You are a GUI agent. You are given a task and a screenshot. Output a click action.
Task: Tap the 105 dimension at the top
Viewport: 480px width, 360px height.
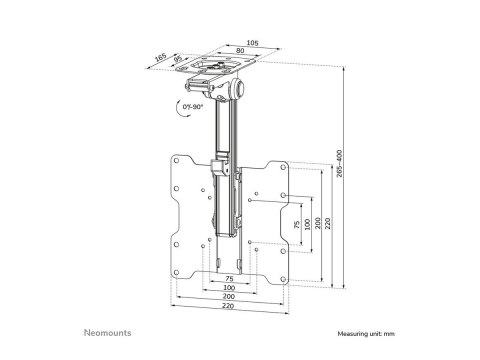pyautogui.click(x=251, y=44)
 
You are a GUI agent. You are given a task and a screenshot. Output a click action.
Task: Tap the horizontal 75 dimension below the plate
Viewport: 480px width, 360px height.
pyautogui.click(x=229, y=279)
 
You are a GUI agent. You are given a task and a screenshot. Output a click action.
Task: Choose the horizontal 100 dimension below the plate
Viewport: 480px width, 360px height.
pyautogui.click(x=229, y=288)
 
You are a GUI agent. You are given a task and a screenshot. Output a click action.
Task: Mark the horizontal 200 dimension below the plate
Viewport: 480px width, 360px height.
pyautogui.click(x=229, y=298)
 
